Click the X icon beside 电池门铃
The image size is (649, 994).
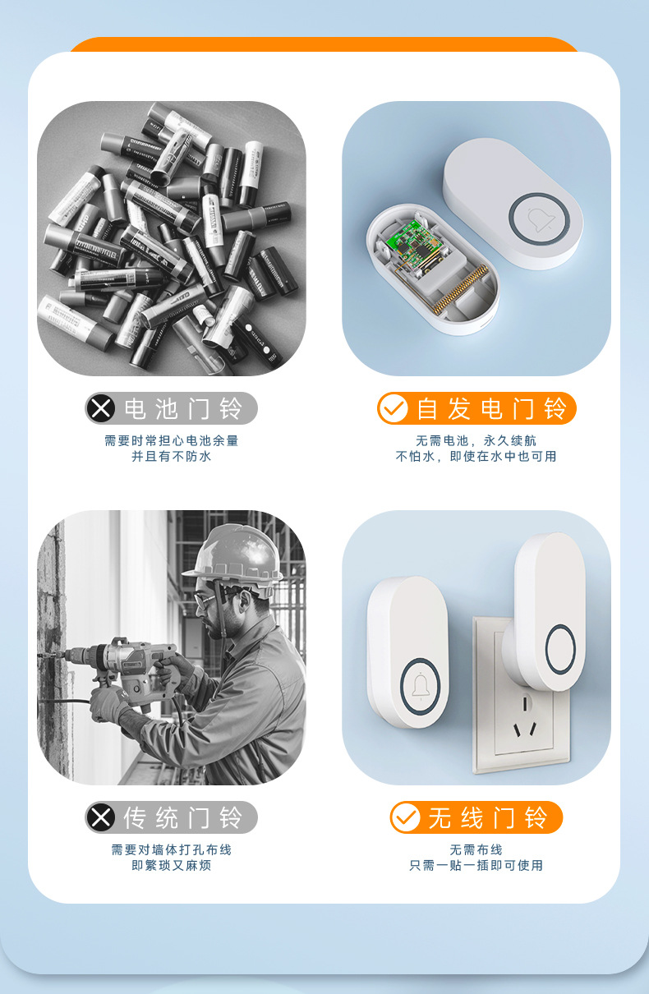[x=101, y=408]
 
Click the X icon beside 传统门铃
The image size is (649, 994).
[x=101, y=817]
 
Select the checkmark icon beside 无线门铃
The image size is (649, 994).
[x=405, y=817]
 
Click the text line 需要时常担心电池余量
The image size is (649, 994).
[x=171, y=440]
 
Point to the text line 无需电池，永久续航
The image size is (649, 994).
[x=476, y=440]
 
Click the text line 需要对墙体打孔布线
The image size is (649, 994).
[x=171, y=849]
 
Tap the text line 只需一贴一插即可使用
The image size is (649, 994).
[x=476, y=865]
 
